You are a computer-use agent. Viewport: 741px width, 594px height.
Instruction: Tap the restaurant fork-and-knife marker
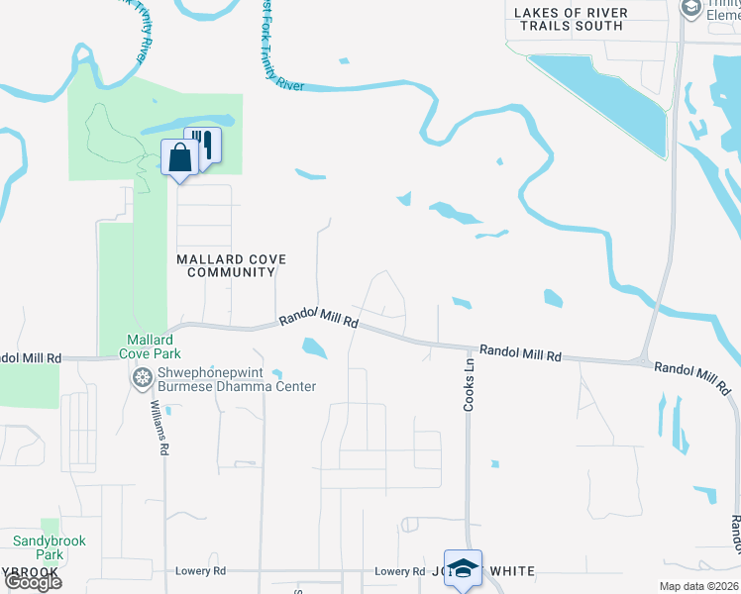click(x=203, y=146)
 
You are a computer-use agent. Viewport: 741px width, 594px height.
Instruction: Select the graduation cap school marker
click(x=463, y=568)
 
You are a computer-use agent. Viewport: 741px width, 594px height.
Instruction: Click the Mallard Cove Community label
click(x=231, y=265)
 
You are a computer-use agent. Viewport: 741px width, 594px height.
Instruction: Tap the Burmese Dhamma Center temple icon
click(x=141, y=376)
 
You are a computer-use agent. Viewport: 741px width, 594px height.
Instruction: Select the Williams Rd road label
click(x=156, y=427)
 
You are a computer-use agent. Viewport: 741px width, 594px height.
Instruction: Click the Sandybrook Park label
click(x=50, y=547)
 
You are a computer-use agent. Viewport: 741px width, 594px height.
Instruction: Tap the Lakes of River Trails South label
click(x=570, y=19)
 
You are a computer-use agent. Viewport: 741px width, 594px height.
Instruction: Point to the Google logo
click(x=33, y=581)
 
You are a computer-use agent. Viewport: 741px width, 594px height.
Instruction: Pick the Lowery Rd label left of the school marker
click(x=399, y=571)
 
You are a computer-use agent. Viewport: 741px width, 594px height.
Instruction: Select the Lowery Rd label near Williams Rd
click(x=200, y=571)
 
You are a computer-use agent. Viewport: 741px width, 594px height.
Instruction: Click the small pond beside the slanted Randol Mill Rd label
click(x=314, y=347)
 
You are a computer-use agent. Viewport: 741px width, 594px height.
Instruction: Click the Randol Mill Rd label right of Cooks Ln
click(x=520, y=353)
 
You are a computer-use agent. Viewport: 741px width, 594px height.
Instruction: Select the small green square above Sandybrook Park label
click(x=50, y=526)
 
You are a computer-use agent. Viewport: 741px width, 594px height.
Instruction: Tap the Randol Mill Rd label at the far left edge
click(x=30, y=357)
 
